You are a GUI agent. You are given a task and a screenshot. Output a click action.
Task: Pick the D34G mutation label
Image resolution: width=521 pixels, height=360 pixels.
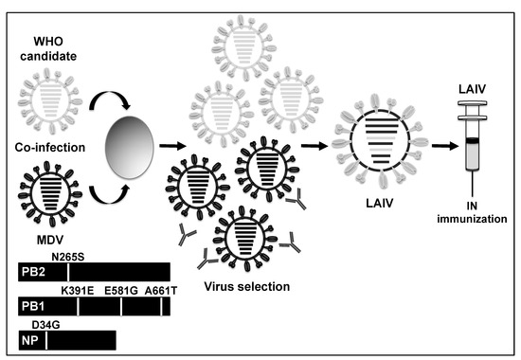(x=50, y=323)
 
